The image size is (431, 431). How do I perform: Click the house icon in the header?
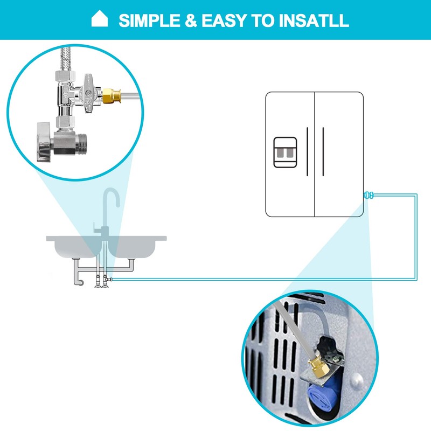click(x=100, y=20)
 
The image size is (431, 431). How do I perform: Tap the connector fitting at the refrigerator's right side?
click(x=369, y=194)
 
